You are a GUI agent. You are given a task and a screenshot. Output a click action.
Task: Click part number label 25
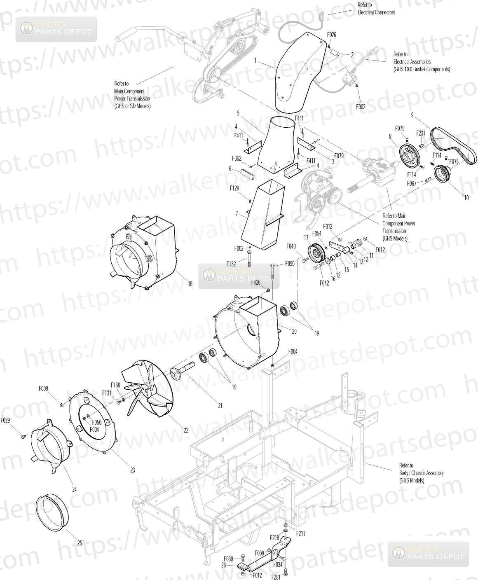(x=80, y=543)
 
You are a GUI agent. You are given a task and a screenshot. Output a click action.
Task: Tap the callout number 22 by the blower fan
(x=186, y=430)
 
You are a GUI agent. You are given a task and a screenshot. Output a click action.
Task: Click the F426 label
(x=256, y=282)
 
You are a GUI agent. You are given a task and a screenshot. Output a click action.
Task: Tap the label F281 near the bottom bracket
(x=275, y=577)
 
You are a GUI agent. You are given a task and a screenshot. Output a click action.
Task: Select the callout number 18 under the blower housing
(x=190, y=284)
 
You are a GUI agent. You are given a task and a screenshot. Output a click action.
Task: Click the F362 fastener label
(x=237, y=158)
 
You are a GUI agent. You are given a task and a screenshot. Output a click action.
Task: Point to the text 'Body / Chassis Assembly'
(x=421, y=473)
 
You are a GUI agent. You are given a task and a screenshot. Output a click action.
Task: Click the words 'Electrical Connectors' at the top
(x=376, y=12)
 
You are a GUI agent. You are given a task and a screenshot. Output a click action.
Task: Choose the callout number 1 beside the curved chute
(x=255, y=61)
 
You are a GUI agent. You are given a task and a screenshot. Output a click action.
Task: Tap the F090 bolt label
(x=290, y=264)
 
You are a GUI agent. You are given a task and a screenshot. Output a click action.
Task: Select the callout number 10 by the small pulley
(x=466, y=198)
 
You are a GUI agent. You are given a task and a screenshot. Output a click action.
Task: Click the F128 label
(x=234, y=188)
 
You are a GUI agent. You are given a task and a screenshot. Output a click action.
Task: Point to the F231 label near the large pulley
(x=420, y=133)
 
